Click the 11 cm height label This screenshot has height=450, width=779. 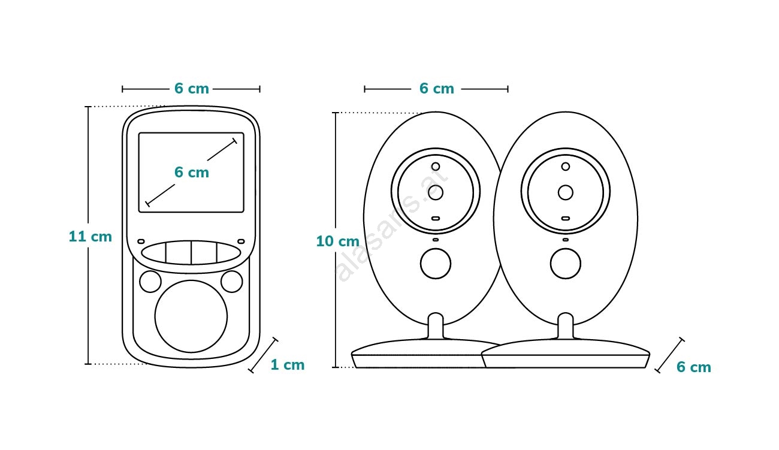[90, 237]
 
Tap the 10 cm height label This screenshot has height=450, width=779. [338, 241]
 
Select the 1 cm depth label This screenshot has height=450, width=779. [288, 365]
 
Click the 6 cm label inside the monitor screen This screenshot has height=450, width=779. [192, 172]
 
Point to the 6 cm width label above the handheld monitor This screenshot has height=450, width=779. [192, 89]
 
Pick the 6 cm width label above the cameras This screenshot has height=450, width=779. [437, 89]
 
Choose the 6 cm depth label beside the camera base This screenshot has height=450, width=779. [694, 367]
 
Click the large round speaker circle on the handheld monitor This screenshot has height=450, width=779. [191, 316]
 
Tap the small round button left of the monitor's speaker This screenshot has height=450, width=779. [150, 282]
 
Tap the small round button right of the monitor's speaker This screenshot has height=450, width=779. [232, 282]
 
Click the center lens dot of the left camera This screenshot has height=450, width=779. [436, 192]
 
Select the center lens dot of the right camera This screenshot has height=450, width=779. [566, 192]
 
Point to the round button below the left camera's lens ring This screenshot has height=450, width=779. [436, 264]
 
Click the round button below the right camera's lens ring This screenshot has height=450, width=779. [566, 264]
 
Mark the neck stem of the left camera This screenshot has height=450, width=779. [436, 326]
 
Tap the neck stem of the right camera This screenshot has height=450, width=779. [566, 326]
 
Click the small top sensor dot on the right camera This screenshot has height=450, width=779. [566, 167]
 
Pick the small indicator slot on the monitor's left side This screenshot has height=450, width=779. [141, 241]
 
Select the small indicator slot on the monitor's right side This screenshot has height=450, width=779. [241, 241]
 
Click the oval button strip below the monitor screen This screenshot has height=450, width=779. [191, 252]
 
